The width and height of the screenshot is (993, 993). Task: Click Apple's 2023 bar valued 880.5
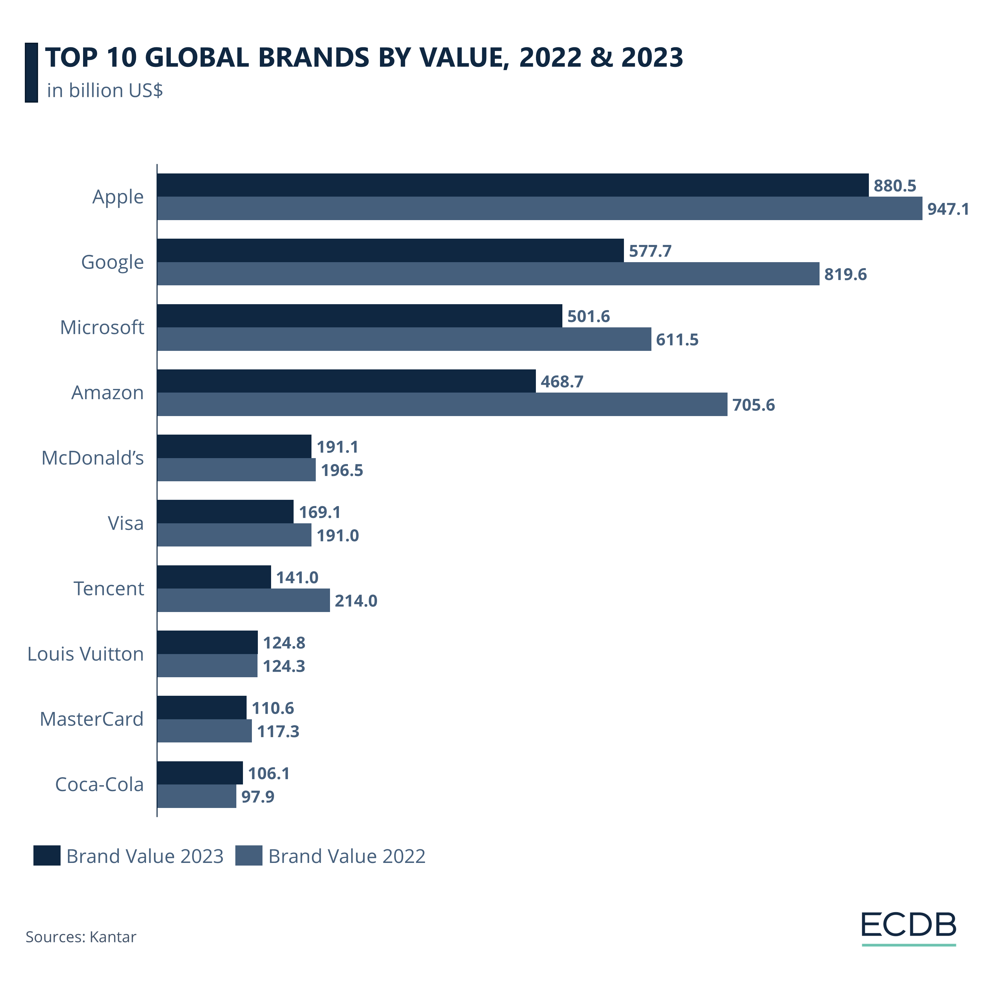pos(512,185)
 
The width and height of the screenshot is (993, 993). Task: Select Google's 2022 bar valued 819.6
pos(488,273)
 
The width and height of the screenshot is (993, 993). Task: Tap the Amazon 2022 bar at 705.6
pos(442,404)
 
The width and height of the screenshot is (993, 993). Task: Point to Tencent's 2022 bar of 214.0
pos(243,600)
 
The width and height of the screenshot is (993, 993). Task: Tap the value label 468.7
pos(562,381)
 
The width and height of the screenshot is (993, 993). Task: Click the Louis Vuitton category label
pos(85,654)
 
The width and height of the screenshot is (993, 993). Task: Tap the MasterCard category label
pos(91,719)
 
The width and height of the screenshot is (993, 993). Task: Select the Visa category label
pos(125,523)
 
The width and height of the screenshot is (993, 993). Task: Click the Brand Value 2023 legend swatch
pos(47,856)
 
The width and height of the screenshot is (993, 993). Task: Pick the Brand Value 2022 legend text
pos(347,856)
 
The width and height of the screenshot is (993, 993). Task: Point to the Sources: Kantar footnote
pos(81,936)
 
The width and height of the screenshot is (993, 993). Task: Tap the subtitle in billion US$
pos(105,90)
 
